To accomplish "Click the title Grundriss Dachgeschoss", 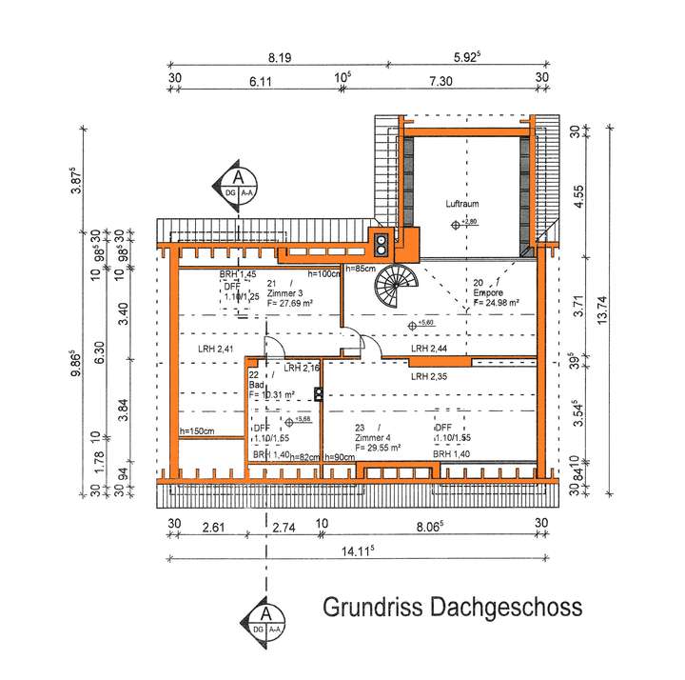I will tap(452, 607).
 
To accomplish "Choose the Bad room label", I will tap(256, 385).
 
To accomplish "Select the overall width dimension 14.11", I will tap(354, 549).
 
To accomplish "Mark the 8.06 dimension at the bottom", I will tap(432, 523).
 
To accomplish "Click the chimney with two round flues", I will tap(382, 246).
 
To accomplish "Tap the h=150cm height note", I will tap(198, 431).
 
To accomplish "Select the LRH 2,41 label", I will tap(216, 350).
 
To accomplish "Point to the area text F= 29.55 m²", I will tap(378, 446).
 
